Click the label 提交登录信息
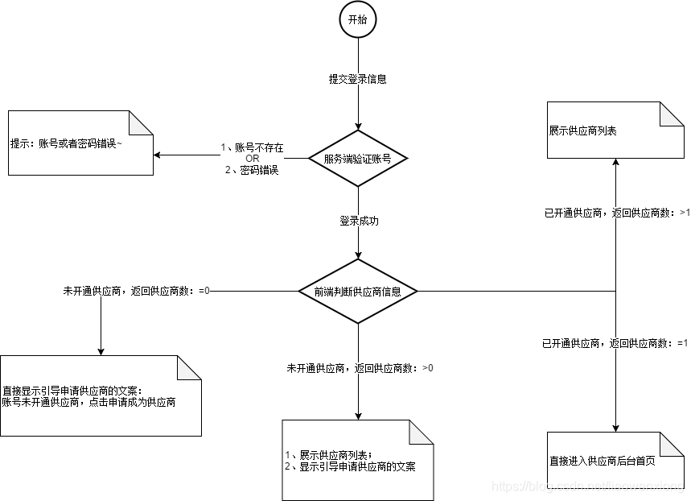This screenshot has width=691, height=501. tap(357, 79)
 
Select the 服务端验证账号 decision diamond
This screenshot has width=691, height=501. tap(357, 159)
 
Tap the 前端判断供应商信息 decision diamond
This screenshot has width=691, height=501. tap(357, 291)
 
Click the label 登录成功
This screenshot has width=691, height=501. tap(357, 219)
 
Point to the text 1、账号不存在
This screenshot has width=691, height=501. tap(253, 147)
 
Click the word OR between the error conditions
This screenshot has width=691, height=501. tap(253, 159)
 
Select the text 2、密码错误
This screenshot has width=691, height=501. tap(253, 170)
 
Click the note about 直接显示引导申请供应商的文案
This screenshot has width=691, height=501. tap(100, 395)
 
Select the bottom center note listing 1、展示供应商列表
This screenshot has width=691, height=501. tap(357, 460)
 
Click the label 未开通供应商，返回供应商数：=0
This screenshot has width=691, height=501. tap(136, 291)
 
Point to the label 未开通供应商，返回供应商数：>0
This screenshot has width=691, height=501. tap(360, 368)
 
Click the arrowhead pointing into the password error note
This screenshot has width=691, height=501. tap(158, 155)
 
